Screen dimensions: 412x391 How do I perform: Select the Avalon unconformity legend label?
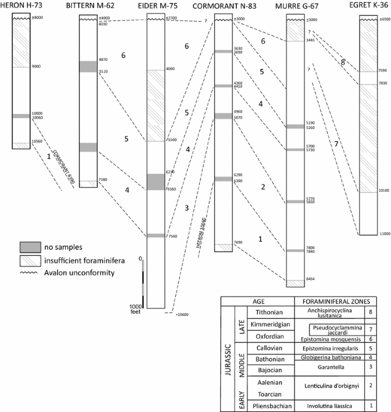click(x=78, y=272)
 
